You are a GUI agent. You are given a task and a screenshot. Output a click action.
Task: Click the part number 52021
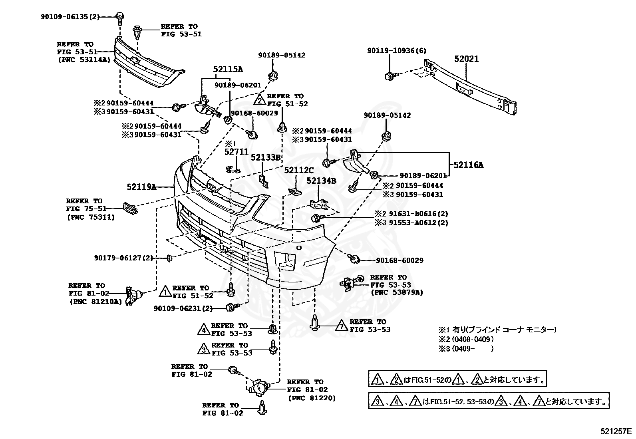click(467, 59)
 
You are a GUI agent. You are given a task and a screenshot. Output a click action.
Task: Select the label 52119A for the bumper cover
click(141, 187)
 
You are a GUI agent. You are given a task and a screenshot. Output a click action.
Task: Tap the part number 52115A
click(228, 69)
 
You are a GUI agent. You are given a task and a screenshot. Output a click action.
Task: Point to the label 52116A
click(468, 165)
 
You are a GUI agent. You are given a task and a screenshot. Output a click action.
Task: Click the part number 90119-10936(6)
click(397, 51)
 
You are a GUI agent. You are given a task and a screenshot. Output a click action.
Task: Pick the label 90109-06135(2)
click(70, 17)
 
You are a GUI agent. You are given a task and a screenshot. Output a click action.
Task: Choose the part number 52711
click(236, 152)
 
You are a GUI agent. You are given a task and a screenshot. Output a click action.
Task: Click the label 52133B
click(266, 157)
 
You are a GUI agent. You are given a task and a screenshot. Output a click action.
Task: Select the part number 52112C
click(299, 170)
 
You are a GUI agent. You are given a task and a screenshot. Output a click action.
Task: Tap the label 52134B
click(321, 181)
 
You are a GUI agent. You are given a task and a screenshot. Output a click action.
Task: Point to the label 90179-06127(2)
click(123, 258)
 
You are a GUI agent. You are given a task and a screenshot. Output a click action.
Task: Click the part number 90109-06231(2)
click(183, 308)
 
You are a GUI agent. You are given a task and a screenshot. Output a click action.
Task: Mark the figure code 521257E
click(616, 431)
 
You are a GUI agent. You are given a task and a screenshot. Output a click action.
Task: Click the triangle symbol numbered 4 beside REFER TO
click(204, 329)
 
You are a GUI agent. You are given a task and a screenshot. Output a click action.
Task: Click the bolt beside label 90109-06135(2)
click(120, 18)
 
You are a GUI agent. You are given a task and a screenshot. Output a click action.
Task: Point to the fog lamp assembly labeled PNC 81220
click(258, 387)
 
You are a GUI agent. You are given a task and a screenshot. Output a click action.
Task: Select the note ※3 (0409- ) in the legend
click(466, 349)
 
